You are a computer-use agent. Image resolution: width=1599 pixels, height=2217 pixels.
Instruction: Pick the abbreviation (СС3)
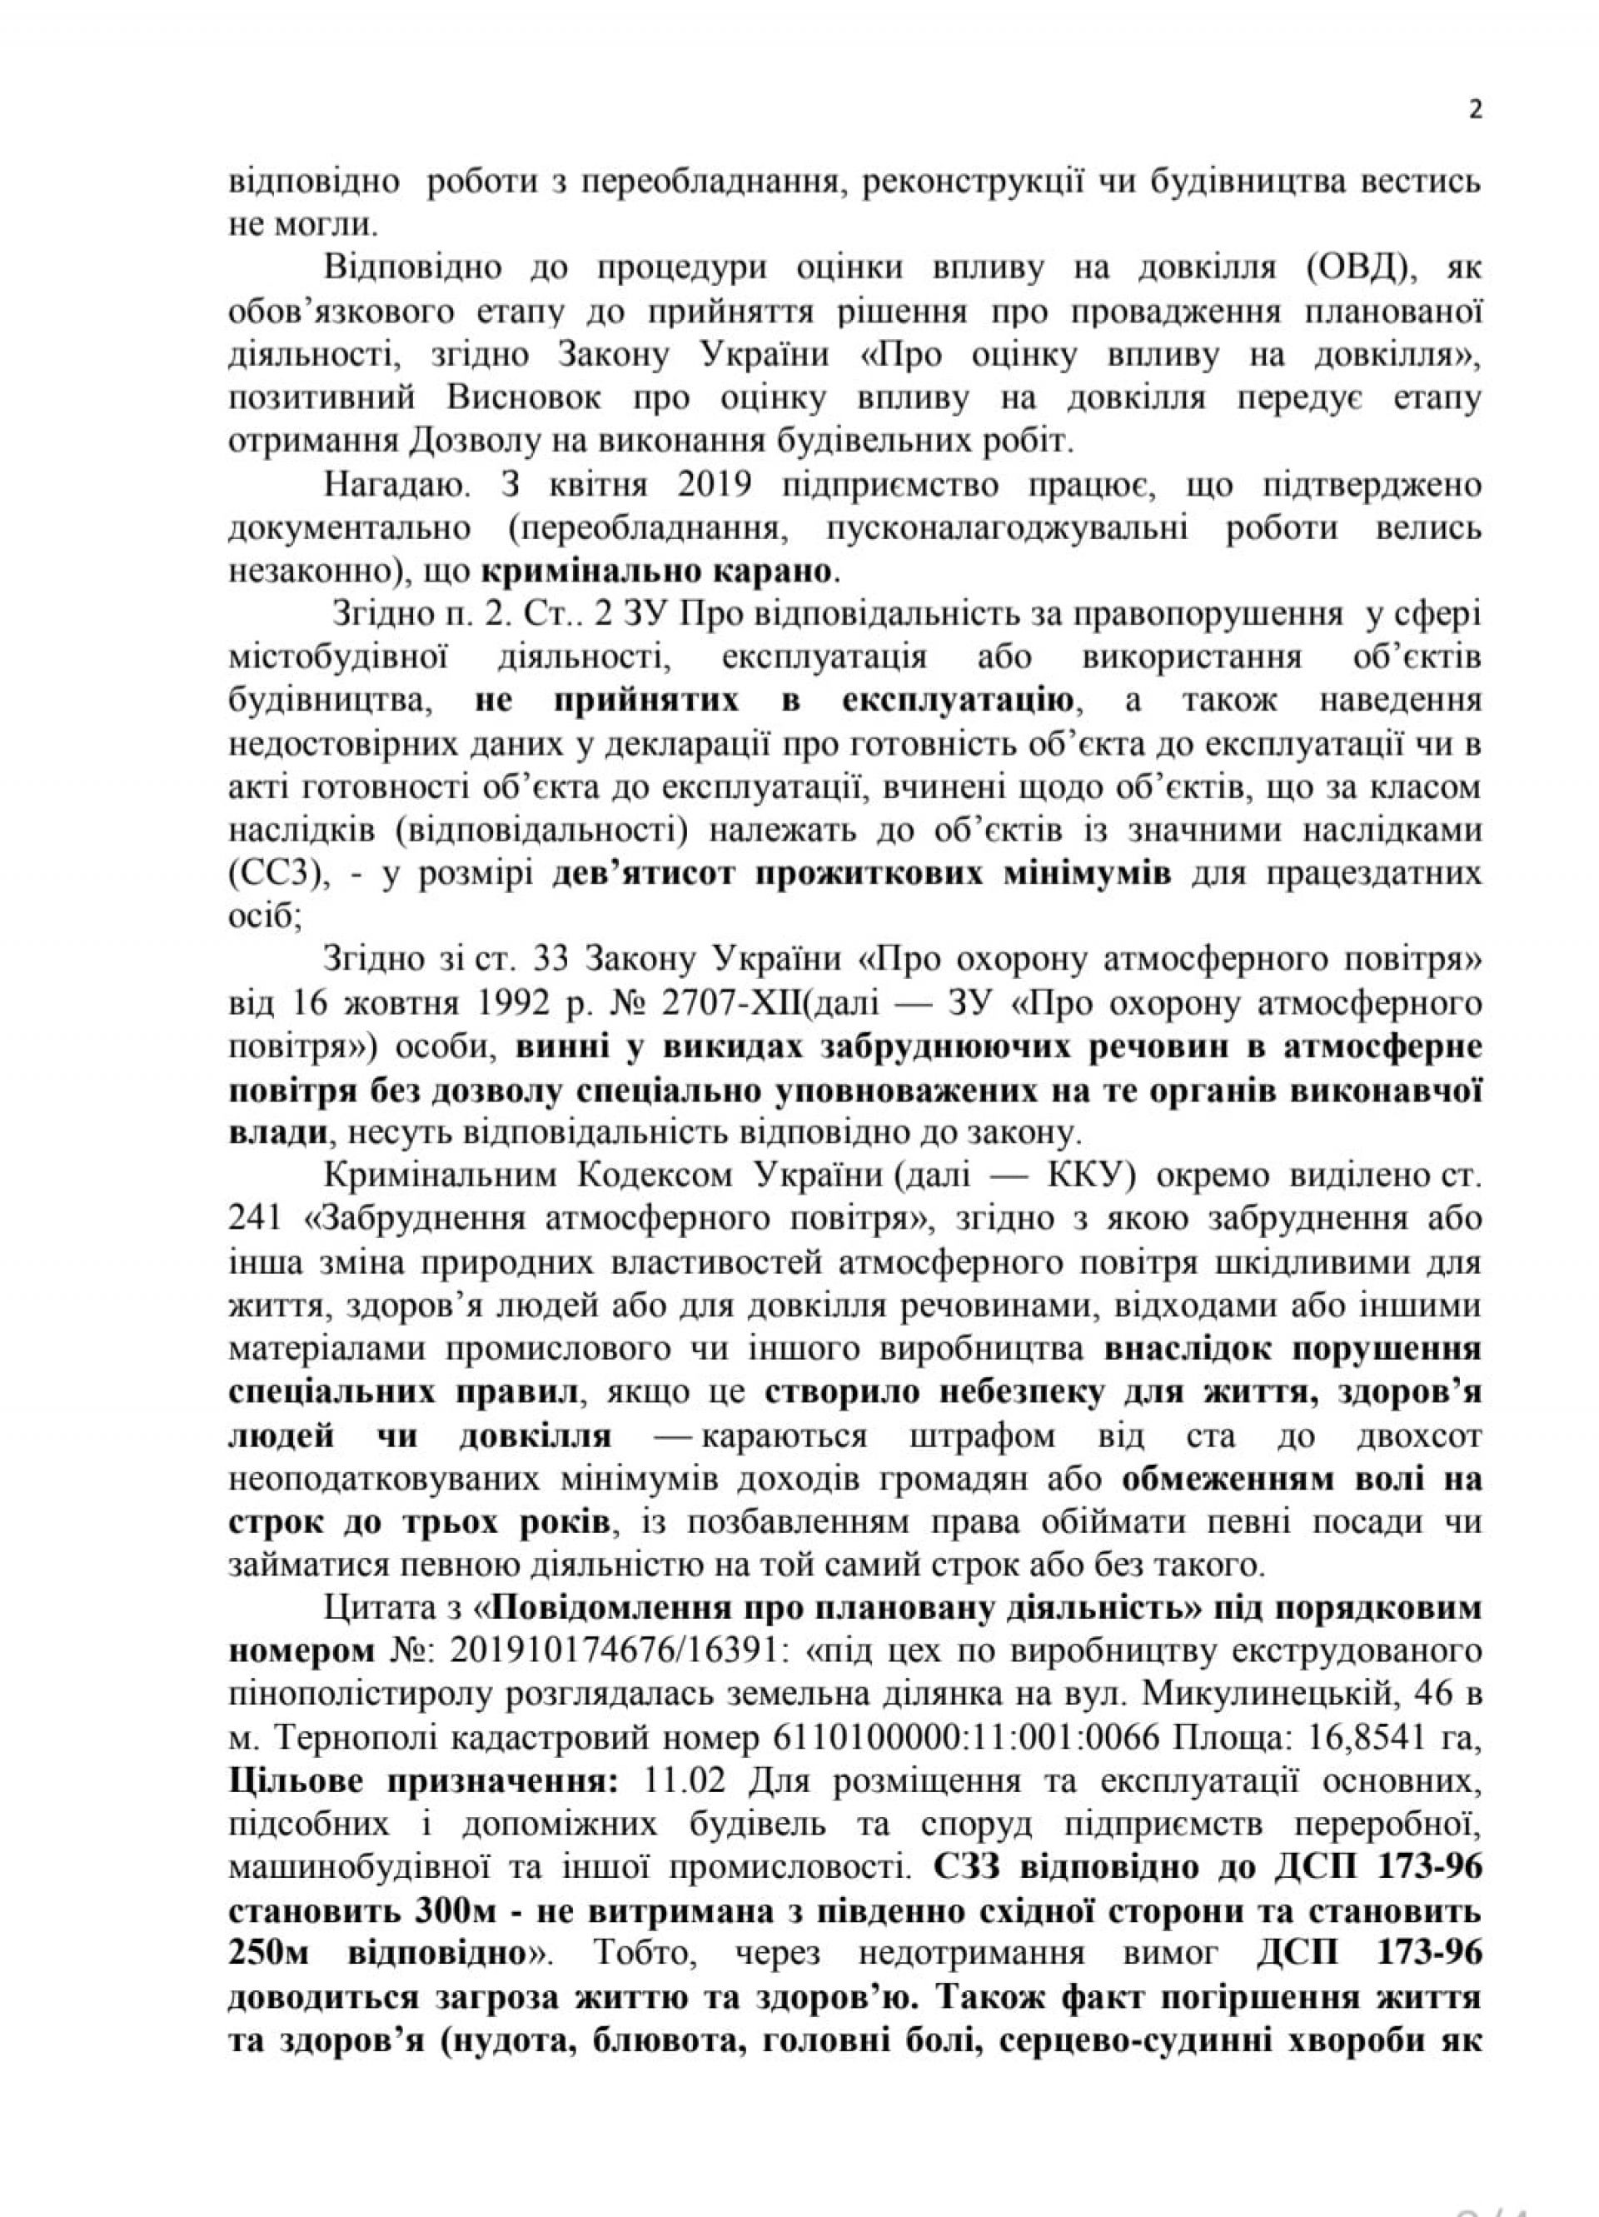pos(276,874)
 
